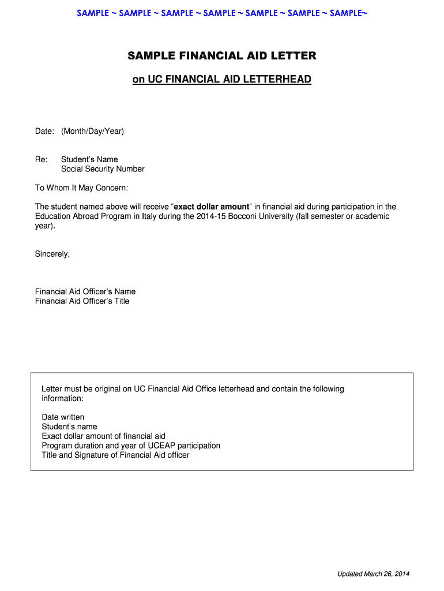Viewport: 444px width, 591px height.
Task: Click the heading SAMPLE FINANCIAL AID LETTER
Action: (x=222, y=56)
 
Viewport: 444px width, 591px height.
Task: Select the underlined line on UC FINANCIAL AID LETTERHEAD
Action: (x=222, y=79)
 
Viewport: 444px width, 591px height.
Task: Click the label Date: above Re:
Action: (x=44, y=132)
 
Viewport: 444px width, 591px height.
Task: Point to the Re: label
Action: (x=42, y=159)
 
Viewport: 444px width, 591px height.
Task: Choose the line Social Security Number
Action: (x=103, y=169)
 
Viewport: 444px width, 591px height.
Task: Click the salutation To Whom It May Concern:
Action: (x=82, y=188)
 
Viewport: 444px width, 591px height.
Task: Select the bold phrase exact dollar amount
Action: (x=212, y=207)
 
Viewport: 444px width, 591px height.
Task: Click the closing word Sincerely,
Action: (x=52, y=254)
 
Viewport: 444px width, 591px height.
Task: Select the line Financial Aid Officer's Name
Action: (x=85, y=291)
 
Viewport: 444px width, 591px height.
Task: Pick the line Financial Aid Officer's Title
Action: (x=82, y=301)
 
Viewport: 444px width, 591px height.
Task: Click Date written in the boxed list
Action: (x=63, y=417)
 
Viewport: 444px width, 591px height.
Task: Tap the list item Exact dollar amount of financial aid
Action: (x=104, y=436)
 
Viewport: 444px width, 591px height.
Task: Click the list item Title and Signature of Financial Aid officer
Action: (x=115, y=455)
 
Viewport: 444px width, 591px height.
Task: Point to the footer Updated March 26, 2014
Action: (x=374, y=574)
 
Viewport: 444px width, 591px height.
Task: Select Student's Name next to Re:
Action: (x=89, y=159)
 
